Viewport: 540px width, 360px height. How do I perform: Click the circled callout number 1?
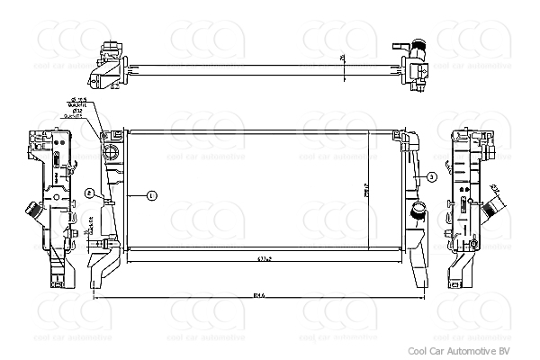click(151, 195)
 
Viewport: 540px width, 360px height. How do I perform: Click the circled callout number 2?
click(90, 193)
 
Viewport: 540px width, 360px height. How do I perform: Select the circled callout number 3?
click(431, 176)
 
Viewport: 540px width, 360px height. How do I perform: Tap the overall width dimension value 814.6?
click(259, 293)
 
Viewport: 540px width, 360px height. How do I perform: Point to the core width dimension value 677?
click(263, 258)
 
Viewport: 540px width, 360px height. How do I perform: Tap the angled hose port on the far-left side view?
click(31, 215)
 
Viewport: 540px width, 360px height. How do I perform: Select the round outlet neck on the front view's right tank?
click(418, 212)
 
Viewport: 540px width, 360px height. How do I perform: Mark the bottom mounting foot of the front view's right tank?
click(418, 268)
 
